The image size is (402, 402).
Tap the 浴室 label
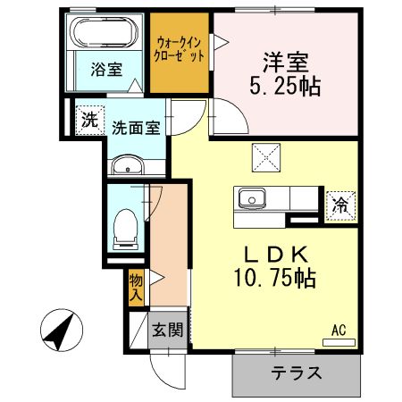click(x=108, y=71)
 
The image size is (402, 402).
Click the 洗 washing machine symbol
click(x=88, y=120)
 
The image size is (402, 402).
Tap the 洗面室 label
click(x=136, y=127)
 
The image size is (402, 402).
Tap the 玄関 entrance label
click(x=167, y=330)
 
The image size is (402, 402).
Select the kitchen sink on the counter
click(x=251, y=197)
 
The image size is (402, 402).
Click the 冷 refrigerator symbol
click(x=339, y=204)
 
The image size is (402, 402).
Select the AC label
click(x=339, y=330)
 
